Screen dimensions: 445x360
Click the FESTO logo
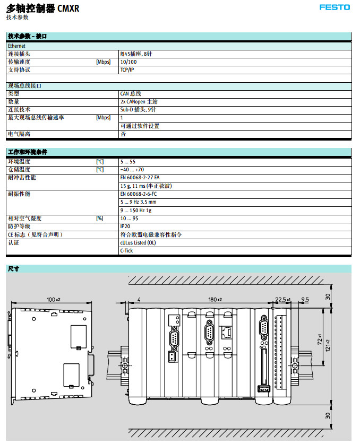[335, 7]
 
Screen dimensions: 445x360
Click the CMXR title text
[67, 8]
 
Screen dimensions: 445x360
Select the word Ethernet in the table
[17, 46]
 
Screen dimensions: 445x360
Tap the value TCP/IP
[127, 70]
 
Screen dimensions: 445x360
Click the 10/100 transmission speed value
[128, 62]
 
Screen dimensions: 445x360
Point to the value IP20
[125, 226]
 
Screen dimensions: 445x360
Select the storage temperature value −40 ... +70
[132, 170]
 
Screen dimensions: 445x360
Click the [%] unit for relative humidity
[99, 219]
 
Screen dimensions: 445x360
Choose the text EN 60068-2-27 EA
[140, 178]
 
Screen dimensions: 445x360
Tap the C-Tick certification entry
[126, 251]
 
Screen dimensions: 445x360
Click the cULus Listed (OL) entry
[138, 243]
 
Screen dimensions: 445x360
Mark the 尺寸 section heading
[13, 269]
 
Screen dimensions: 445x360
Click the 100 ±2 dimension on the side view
[54, 300]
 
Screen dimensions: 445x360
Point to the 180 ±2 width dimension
[215, 300]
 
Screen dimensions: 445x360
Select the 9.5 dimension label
[305, 300]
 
